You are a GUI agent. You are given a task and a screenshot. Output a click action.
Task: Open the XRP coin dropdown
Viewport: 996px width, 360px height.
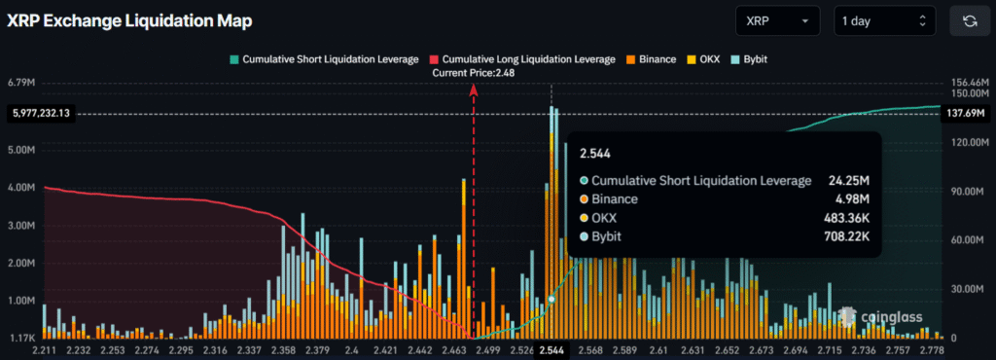tap(778, 20)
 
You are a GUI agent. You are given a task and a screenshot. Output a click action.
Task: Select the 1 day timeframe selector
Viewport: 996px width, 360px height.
tap(884, 20)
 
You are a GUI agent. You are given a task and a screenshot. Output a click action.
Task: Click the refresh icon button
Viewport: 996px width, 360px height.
tap(969, 20)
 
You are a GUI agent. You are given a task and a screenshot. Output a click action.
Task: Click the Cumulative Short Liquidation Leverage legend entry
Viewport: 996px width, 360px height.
tap(324, 59)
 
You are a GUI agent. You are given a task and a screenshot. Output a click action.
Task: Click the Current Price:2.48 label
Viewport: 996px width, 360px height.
tap(473, 73)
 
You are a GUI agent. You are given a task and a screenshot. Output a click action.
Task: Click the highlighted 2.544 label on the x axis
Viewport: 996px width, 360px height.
tap(551, 350)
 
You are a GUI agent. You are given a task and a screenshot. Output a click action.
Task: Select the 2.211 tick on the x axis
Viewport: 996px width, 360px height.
tap(46, 350)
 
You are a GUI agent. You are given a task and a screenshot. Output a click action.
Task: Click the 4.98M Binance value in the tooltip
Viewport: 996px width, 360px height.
tap(851, 199)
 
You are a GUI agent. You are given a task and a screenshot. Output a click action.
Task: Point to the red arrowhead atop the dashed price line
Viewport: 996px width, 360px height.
tap(474, 89)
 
